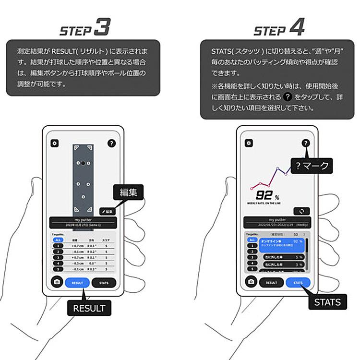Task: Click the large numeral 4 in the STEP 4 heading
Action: pos(297,27)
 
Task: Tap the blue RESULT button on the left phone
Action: pos(78,283)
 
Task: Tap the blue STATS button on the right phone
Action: pos(298,283)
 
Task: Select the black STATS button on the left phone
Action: pos(104,283)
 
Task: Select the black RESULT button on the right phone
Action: pos(271,283)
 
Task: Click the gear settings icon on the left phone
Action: pos(54,143)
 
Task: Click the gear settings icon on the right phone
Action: pos(249,143)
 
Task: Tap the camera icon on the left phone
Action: pos(57,282)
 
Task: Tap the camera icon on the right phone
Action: pos(251,282)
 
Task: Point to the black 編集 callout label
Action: pos(128,193)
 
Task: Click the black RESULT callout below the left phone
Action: pos(89,307)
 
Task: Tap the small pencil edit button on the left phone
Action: pos(107,211)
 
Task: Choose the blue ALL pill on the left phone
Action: pos(58,239)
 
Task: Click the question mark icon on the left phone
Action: pos(111,143)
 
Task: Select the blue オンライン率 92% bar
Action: pos(284,243)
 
